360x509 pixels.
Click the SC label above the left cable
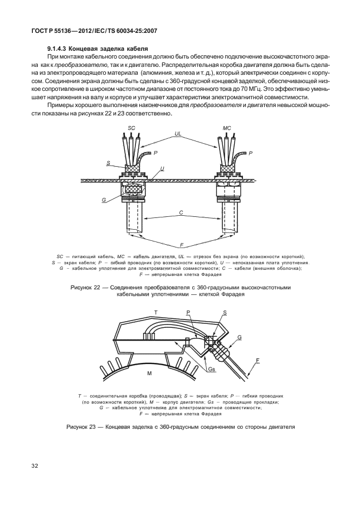pos(132,128)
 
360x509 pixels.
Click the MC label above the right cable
pos(227,128)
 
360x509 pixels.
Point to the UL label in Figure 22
pos(178,134)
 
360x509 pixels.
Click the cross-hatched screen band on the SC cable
pos(133,167)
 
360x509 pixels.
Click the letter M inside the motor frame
pos(149,372)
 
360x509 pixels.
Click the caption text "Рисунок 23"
pos(81,427)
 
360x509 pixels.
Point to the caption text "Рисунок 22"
pos(86,287)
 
